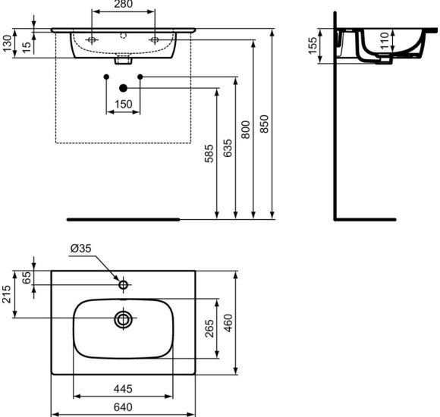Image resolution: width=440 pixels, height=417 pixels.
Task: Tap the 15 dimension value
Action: tap(26, 46)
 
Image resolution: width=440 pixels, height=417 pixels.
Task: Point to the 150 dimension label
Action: tap(122, 103)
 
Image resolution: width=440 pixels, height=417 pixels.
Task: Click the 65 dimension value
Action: tap(27, 277)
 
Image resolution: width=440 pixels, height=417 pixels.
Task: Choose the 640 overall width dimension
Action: tap(122, 407)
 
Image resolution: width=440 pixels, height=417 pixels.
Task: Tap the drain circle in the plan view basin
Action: tap(123, 319)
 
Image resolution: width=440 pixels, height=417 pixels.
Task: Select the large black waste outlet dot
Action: tap(123, 88)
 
